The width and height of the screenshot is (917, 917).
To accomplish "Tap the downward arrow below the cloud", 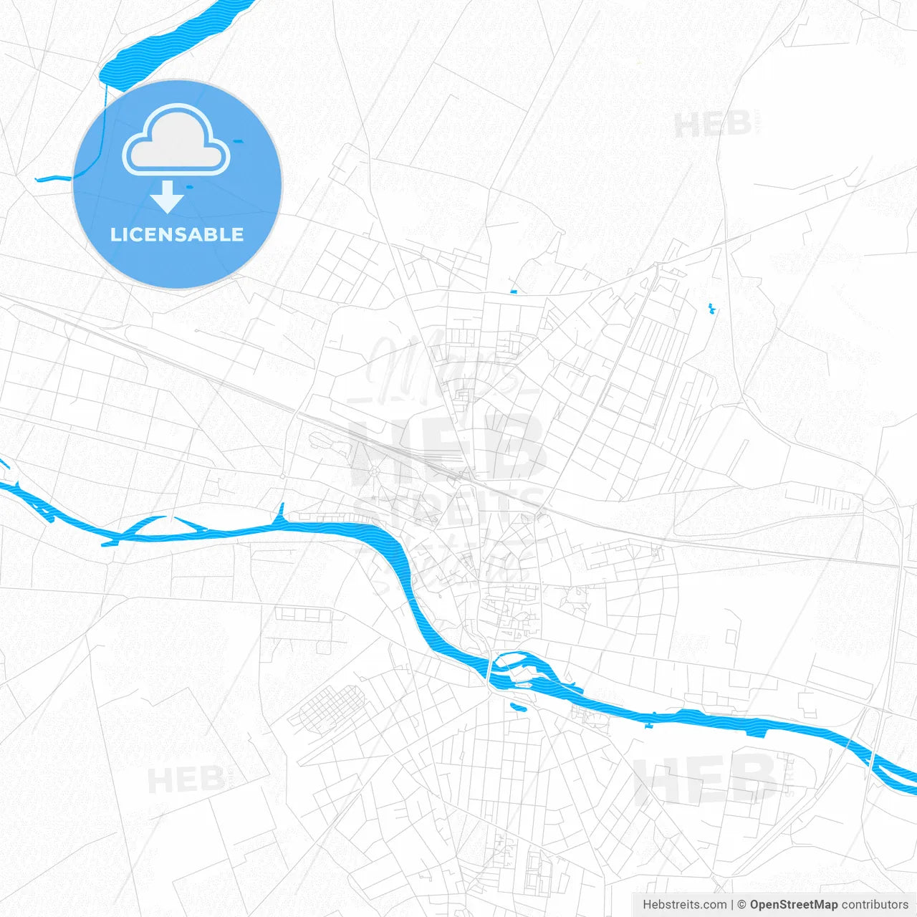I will pyautogui.click(x=168, y=197).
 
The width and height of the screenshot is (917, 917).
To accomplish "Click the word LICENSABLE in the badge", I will pyautogui.click(x=177, y=234).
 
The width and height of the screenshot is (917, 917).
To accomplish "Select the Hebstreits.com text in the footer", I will pyautogui.click(x=684, y=905).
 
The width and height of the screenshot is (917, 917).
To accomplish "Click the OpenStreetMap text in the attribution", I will pyautogui.click(x=793, y=905).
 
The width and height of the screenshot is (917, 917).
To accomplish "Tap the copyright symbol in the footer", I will pyautogui.click(x=741, y=905).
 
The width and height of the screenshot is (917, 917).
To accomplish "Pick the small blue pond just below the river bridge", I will pyautogui.click(x=517, y=706).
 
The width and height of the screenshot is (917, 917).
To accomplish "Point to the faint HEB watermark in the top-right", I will pyautogui.click(x=713, y=125).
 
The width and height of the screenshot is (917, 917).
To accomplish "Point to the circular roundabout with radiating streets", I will pyautogui.click(x=373, y=471).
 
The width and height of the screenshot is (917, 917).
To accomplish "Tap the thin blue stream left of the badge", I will pyautogui.click(x=54, y=178).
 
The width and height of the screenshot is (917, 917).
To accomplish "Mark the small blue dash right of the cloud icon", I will pyautogui.click(x=239, y=140).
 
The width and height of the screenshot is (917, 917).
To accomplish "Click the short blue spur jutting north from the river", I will pyautogui.click(x=282, y=512).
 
